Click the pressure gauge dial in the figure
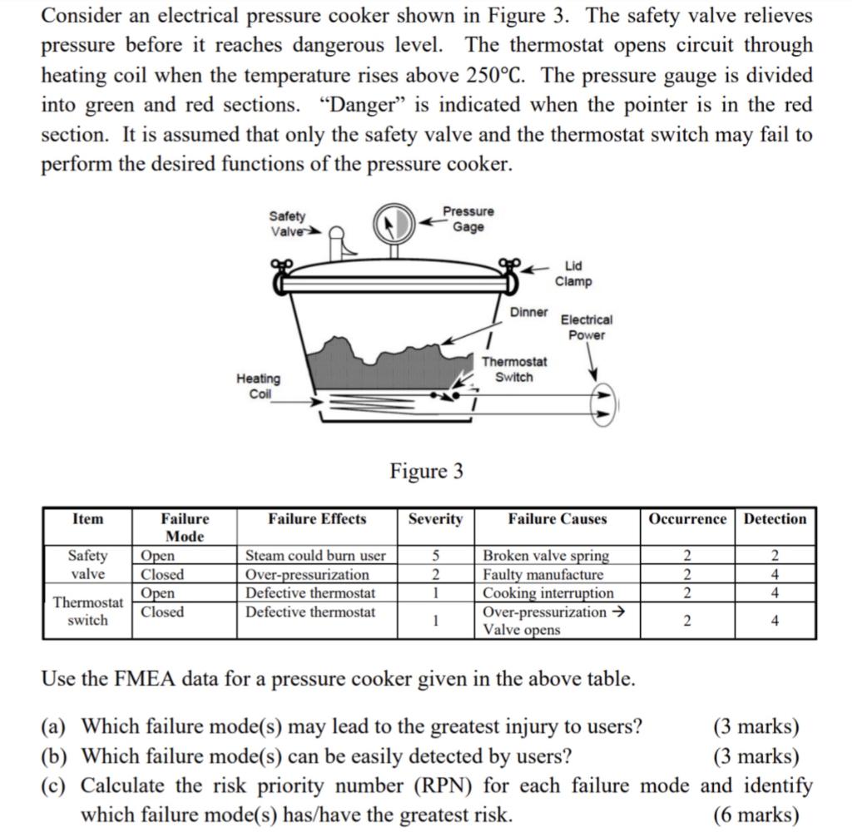click(392, 222)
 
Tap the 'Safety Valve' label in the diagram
click(288, 223)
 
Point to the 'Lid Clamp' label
click(574, 274)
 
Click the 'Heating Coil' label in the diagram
click(259, 386)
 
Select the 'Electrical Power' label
click(587, 327)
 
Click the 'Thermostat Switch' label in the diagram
click(514, 369)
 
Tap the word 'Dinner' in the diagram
click(529, 311)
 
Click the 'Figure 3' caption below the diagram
click(427, 472)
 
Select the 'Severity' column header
click(435, 519)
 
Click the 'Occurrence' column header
click(687, 519)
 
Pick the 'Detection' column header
click(775, 519)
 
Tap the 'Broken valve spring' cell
click(546, 555)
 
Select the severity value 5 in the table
click(435, 555)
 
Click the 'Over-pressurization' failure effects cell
click(307, 574)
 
